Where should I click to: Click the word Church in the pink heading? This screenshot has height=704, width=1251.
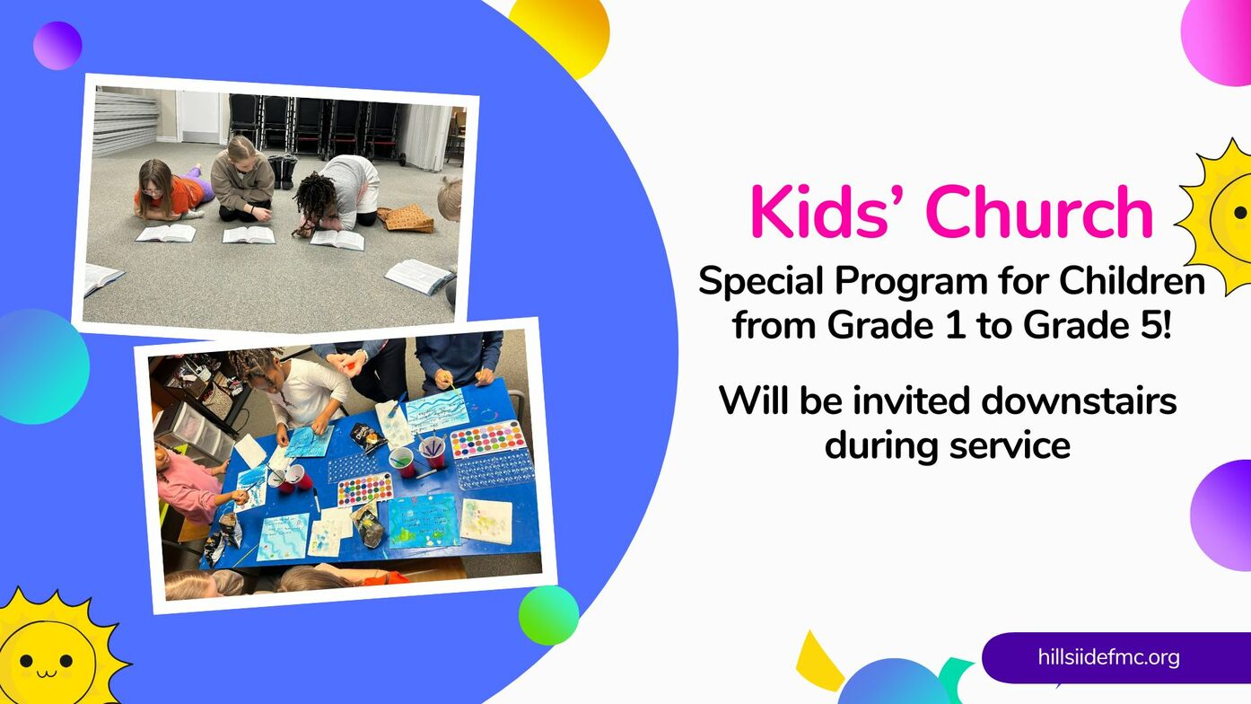1040,212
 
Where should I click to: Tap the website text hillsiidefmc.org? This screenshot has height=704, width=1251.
1108,657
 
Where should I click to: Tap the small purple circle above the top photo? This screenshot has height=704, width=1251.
57,46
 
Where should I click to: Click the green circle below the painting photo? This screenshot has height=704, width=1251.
548,615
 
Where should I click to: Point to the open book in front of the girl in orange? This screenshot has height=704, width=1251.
166,233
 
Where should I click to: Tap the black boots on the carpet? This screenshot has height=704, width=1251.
282,171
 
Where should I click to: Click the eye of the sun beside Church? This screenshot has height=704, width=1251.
1240,212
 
